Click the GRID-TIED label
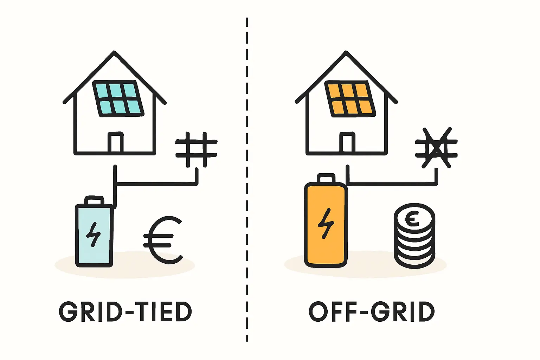(x=126, y=311)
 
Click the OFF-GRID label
(x=372, y=311)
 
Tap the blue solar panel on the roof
(x=118, y=98)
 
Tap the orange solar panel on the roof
(x=350, y=99)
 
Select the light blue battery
(x=94, y=231)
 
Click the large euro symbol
(x=163, y=240)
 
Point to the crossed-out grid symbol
(x=436, y=148)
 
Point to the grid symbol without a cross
(x=196, y=149)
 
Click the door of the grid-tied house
(x=115, y=142)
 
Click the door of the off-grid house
(x=347, y=142)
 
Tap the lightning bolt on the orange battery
(x=326, y=223)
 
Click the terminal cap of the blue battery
(x=94, y=200)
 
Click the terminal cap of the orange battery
(x=326, y=178)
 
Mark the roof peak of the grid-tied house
(x=114, y=51)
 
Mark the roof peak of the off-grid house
(x=346, y=51)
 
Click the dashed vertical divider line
(x=247, y=180)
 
